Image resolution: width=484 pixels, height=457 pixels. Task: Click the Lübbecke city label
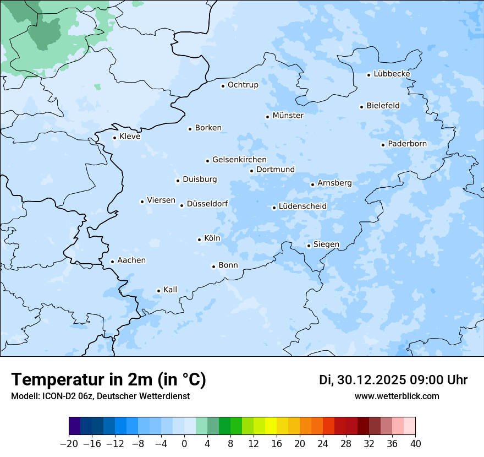392,74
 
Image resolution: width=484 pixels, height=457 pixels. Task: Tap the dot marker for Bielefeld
362,107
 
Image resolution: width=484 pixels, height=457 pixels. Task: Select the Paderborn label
407,144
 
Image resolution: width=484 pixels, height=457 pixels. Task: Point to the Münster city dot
268,117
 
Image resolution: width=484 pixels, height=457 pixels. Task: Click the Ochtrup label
243,85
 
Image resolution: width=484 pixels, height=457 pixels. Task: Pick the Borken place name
208,128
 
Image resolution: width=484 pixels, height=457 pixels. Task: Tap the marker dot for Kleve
115,138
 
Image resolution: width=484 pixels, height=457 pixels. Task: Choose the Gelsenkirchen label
239,160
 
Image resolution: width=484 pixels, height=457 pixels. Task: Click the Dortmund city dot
251,171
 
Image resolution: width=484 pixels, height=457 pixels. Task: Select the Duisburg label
200,179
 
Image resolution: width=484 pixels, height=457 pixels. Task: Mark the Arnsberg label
334,183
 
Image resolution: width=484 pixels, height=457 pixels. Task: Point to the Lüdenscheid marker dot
274,208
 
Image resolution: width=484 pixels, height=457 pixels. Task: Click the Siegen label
326,244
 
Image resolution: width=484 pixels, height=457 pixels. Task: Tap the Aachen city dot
112,262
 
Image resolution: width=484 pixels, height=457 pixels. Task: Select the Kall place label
170,290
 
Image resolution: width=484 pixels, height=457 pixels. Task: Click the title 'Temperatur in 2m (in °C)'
108,380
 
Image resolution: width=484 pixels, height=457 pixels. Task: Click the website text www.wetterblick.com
397,396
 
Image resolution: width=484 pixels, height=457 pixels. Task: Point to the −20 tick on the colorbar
69,444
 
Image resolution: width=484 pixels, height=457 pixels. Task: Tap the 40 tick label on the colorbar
415,444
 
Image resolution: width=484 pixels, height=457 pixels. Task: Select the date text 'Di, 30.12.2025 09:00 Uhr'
393,380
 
